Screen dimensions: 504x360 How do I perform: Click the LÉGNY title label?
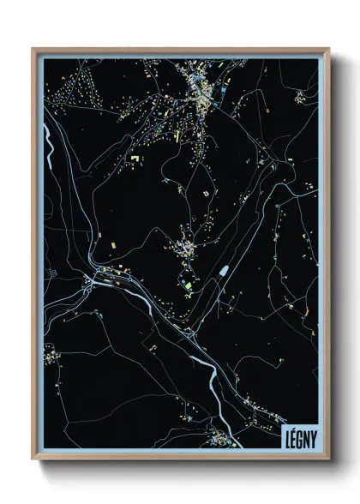299,435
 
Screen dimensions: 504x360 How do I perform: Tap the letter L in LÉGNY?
287,435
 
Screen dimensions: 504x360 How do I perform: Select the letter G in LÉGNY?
299,435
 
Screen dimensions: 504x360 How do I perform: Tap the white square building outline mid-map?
204,195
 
